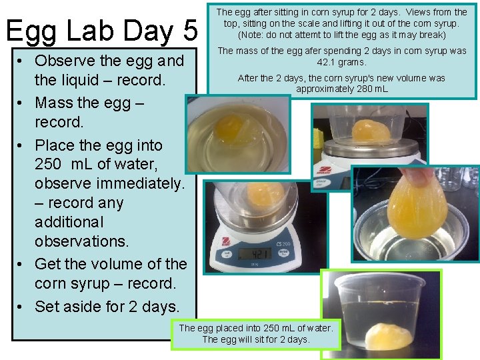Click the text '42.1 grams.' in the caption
tap(341, 62)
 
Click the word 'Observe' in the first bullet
tap(65, 61)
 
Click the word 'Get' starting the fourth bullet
tap(49, 264)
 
